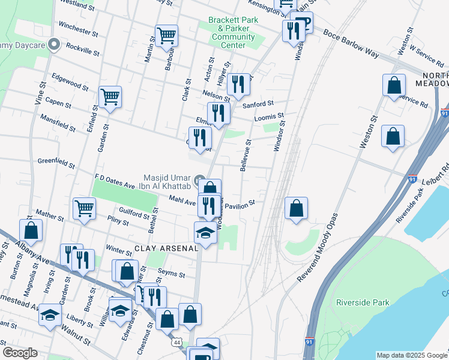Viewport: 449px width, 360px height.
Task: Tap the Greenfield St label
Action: pos(55,163)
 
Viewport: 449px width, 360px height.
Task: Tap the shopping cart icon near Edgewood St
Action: pos(110,96)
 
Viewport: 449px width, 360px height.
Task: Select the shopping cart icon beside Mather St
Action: pos(84,208)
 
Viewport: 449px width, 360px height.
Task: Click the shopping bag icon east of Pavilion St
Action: pos(297,208)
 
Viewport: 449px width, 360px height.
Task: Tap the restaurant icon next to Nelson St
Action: pos(239,84)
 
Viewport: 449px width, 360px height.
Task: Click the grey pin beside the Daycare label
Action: pos(54,43)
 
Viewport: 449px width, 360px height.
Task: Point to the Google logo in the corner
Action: pos(20,353)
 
